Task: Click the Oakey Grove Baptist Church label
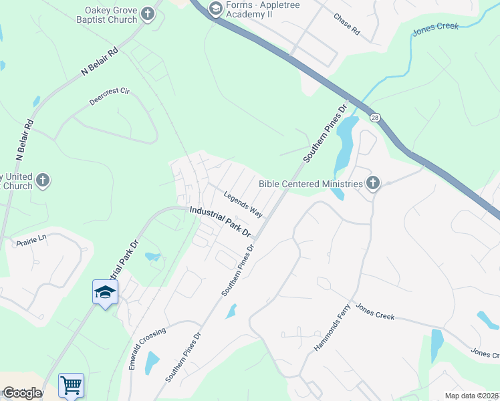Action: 111,15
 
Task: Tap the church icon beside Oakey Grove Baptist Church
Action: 148,15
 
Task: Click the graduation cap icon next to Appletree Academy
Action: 215,9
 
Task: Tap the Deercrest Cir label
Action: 108,98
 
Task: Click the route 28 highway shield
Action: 376,117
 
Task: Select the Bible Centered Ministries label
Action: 310,183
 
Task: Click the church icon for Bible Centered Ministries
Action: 373,183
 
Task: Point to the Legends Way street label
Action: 243,205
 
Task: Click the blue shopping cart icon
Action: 72,384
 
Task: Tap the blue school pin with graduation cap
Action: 105,292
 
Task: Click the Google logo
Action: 21,393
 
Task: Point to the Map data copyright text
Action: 471,396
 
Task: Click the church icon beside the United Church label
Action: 42,180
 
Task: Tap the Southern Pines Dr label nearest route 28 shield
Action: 325,133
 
